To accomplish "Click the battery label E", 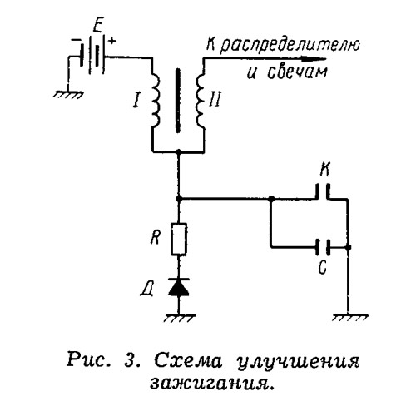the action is (x=97, y=27).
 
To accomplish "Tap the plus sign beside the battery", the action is (x=112, y=42).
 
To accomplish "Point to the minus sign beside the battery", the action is (x=76, y=40).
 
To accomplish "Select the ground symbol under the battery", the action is (x=68, y=94).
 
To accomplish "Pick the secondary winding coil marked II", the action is (x=201, y=101).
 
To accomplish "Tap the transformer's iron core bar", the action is (x=178, y=101).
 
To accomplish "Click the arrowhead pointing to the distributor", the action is (x=314, y=59).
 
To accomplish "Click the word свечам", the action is (x=298, y=72).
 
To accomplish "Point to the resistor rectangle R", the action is (x=179, y=239).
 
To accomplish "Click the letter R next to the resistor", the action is (x=156, y=238).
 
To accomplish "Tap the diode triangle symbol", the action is (x=179, y=287).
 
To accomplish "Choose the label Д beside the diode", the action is (x=146, y=290).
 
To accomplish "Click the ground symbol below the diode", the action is (x=180, y=319).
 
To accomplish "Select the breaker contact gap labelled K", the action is (x=323, y=191).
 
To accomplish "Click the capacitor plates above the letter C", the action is (x=323, y=247).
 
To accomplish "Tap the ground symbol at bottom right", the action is (x=350, y=318).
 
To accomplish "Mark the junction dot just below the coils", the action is (x=179, y=151).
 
